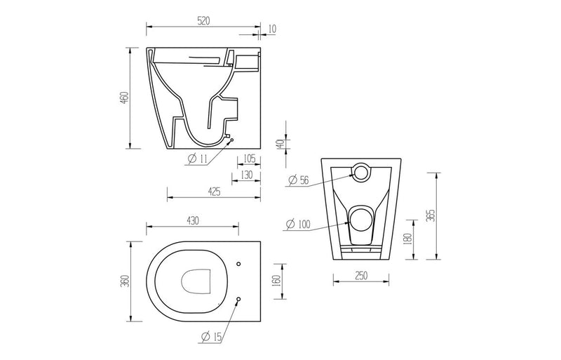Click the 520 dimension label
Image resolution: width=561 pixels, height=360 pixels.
coord(203,21)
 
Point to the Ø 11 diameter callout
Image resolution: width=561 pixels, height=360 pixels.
coord(197,159)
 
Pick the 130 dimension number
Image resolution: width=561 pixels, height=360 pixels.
coord(245,174)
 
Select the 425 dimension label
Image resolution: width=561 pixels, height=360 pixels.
coord(214,191)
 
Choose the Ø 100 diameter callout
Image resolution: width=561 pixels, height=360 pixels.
coord(297,225)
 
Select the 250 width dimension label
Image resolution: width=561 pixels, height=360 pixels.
coord(360,276)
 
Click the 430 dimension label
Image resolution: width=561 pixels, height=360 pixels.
coord(193,220)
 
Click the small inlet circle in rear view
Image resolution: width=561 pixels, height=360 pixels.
coord(360,172)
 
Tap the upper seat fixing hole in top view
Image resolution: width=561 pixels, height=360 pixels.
coord(238,265)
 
